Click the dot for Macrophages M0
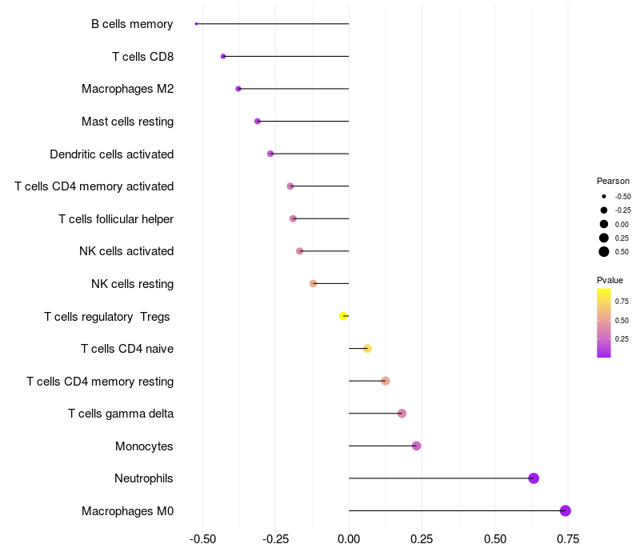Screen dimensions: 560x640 click(x=565, y=511)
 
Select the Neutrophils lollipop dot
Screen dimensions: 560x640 click(x=534, y=478)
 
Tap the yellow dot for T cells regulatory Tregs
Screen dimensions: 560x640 click(x=343, y=316)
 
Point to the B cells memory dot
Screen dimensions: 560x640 click(x=196, y=24)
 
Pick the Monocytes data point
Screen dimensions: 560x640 click(x=416, y=446)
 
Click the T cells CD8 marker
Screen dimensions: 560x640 click(x=223, y=56)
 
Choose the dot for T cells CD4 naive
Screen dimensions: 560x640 click(x=367, y=349)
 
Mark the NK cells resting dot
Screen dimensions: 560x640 click(x=313, y=283)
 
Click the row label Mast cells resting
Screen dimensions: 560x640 click(x=127, y=122)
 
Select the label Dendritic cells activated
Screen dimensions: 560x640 click(x=111, y=154)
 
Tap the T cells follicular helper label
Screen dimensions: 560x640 click(x=116, y=219)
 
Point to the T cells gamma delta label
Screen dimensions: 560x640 click(x=121, y=414)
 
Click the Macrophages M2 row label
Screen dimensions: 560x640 click(x=127, y=89)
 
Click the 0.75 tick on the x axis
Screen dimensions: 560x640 click(x=568, y=539)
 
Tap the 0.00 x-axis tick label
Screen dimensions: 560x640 click(x=349, y=539)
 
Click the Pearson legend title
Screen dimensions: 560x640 click(x=613, y=181)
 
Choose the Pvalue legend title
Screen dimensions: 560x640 click(x=610, y=280)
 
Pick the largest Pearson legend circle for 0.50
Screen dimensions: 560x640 click(x=604, y=252)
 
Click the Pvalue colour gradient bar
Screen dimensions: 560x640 click(x=604, y=322)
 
